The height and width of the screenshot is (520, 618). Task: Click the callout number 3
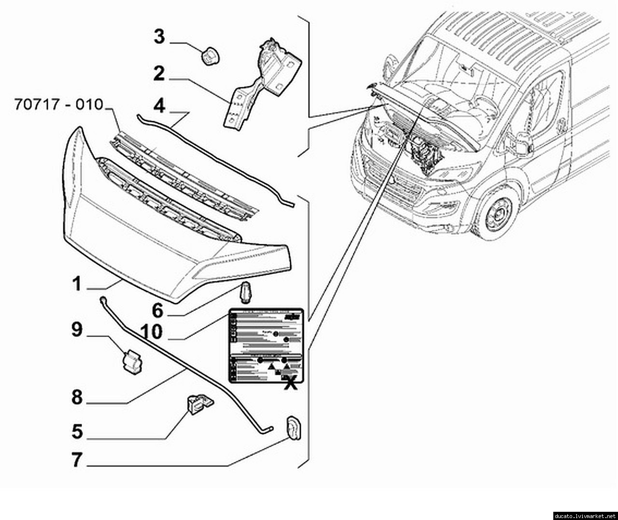(159, 37)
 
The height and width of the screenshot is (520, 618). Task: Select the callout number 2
(159, 74)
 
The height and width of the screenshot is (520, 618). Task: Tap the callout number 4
(159, 105)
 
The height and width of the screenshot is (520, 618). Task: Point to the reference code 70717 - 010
(59, 104)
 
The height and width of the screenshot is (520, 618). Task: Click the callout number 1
(77, 284)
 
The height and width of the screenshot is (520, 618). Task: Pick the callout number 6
(158, 310)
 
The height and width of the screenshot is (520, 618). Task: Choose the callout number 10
(152, 332)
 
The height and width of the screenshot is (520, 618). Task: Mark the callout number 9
(77, 330)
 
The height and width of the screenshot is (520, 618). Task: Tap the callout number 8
(77, 398)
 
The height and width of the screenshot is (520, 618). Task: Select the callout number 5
(77, 431)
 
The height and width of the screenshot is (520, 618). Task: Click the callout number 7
(77, 460)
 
